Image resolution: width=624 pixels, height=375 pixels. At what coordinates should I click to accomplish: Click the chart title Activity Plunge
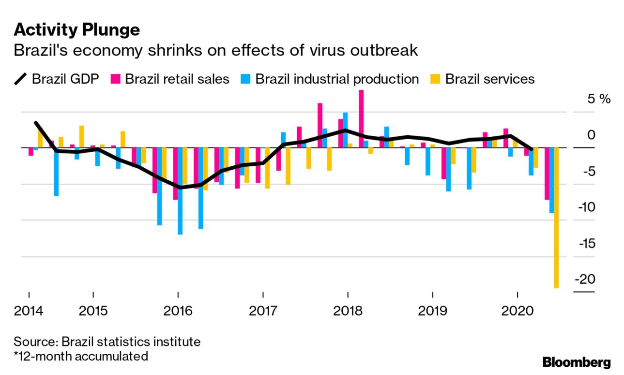(x=77, y=30)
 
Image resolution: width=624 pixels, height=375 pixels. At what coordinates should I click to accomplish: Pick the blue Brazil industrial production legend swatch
(x=247, y=79)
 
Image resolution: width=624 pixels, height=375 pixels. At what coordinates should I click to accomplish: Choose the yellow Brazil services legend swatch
(x=437, y=79)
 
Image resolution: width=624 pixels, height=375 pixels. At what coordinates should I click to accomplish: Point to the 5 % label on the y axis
(x=599, y=99)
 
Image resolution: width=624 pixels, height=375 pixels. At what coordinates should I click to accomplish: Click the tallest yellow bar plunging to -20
(x=557, y=217)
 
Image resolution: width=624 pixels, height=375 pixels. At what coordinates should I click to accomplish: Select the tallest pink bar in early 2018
(x=361, y=119)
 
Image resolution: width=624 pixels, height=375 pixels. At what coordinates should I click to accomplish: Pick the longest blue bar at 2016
(x=180, y=191)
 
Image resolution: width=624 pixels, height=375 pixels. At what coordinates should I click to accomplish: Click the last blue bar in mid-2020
(x=551, y=180)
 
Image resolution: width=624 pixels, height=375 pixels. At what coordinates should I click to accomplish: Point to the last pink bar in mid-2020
(x=547, y=174)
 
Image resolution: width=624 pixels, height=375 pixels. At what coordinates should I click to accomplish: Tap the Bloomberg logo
(x=577, y=362)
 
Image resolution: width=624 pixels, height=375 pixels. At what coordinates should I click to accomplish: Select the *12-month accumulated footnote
(x=81, y=357)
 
